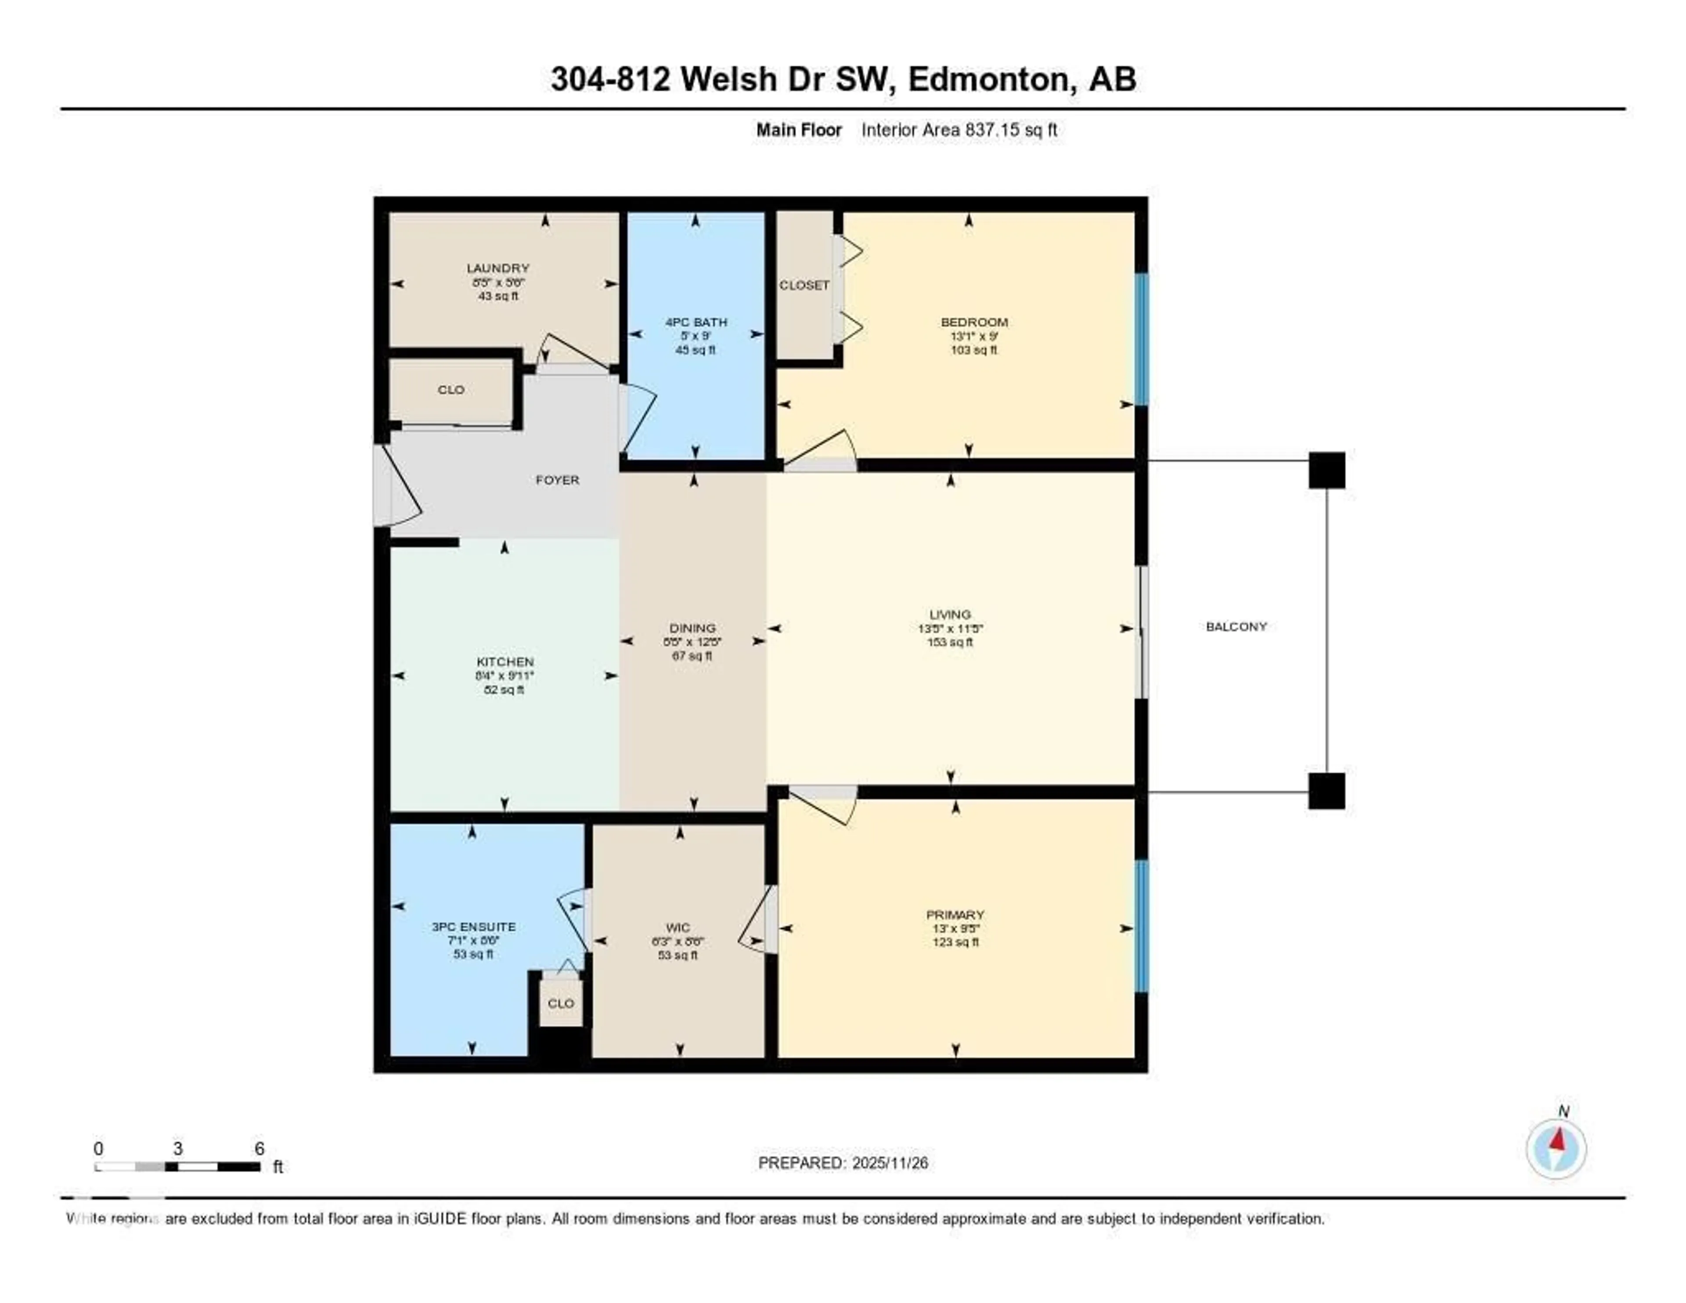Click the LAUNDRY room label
498,268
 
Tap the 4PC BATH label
695,322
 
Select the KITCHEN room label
505,662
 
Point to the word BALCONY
1236,626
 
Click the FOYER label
557,480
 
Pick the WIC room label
678,928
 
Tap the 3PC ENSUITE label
473,927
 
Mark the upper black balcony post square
1326,471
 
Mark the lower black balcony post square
1326,791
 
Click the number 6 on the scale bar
259,1148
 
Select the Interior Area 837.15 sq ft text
959,130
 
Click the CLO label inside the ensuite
560,1003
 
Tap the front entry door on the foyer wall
384,486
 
